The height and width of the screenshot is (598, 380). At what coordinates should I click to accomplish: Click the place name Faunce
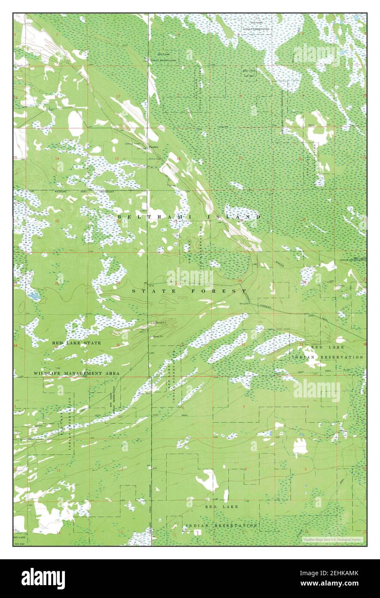pyautogui.click(x=153, y=147)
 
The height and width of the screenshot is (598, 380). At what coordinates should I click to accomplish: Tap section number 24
pyautogui.click(x=119, y=221)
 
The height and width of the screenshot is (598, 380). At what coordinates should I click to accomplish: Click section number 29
pyautogui.click(x=239, y=281)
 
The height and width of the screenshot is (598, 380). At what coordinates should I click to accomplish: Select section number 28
pyautogui.click(x=304, y=283)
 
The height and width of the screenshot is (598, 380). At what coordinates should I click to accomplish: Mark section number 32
pyautogui.click(x=244, y=344)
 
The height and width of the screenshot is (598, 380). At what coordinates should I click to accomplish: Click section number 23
pyautogui.click(x=57, y=221)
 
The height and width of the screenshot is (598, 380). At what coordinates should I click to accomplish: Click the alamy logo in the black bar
pyautogui.click(x=43, y=578)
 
